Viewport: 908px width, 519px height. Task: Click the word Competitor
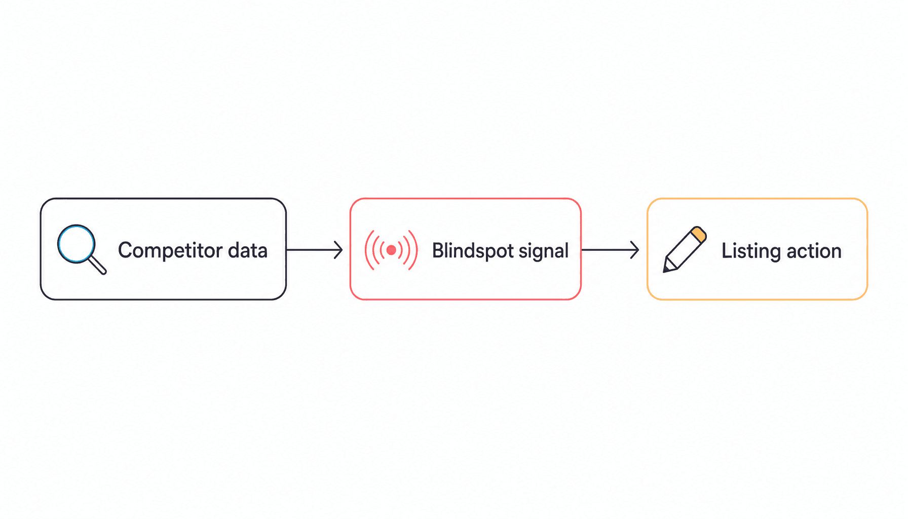coord(170,251)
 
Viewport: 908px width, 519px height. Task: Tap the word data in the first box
coord(248,250)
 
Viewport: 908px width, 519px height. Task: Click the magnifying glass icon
coord(82,249)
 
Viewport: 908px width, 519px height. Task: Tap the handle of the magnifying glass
coord(97,265)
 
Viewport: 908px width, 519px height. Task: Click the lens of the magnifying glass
coord(77,243)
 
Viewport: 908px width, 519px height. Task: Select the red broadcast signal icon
coord(391,250)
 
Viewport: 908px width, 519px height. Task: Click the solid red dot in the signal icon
coord(391,250)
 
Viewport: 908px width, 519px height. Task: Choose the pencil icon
coord(685,249)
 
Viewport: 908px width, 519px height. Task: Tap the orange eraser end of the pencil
coord(699,234)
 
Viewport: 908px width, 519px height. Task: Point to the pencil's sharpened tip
coord(665,271)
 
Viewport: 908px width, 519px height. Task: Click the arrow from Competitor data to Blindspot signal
coord(315,250)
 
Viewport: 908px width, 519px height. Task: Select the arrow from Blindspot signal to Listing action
coord(611,250)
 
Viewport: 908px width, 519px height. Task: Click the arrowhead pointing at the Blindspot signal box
coord(339,250)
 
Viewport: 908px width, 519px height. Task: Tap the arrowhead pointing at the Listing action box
coord(635,250)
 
